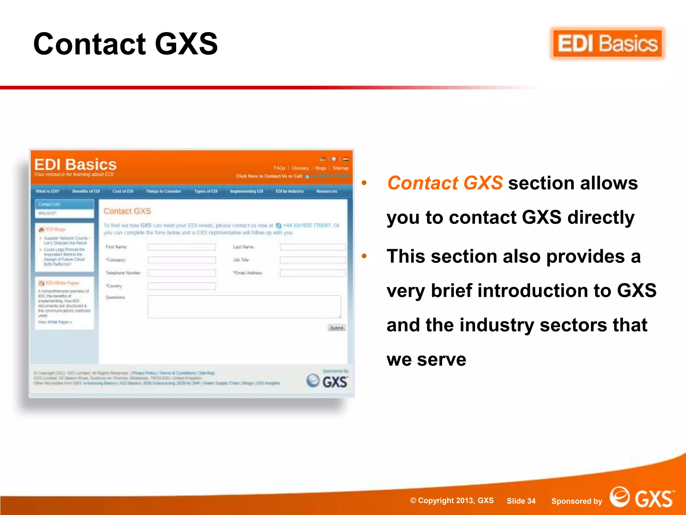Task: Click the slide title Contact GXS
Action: click(126, 44)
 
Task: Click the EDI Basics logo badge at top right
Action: click(607, 44)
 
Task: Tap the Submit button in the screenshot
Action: click(336, 328)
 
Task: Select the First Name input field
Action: click(182, 247)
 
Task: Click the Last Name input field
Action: click(313, 247)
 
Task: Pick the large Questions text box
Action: click(244, 306)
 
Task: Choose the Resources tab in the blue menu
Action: click(327, 191)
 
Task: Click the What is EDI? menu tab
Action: click(48, 191)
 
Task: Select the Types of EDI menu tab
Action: click(206, 191)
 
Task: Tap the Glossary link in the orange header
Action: click(300, 168)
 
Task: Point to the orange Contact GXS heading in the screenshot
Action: click(127, 211)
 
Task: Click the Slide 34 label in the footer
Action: click(521, 501)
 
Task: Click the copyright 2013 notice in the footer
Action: click(452, 501)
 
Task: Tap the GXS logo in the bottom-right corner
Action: click(642, 498)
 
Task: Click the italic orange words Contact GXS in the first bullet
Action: click(445, 183)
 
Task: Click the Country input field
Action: click(182, 286)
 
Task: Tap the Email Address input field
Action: click(313, 273)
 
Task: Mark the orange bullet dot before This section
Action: click(364, 256)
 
